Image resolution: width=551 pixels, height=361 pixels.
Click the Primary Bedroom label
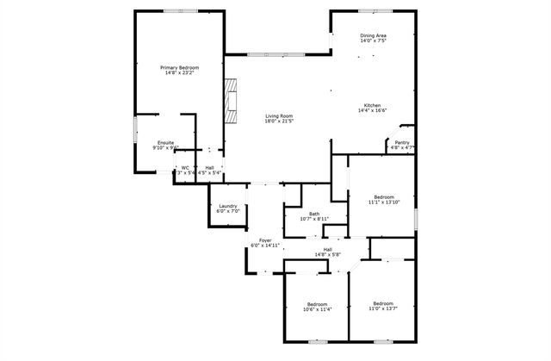(x=179, y=66)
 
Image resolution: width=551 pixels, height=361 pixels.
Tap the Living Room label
(x=278, y=116)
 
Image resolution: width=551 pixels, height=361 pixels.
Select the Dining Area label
(x=373, y=35)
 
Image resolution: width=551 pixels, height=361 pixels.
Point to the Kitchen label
(x=372, y=105)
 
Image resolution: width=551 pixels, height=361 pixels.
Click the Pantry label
(x=402, y=143)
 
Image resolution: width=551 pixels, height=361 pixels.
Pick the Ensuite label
(x=166, y=142)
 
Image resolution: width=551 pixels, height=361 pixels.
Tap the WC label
(x=185, y=168)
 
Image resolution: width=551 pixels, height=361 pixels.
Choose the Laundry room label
(x=228, y=206)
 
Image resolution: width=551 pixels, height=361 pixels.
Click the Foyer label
(x=266, y=240)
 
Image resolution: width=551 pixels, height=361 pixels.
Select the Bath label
(x=314, y=215)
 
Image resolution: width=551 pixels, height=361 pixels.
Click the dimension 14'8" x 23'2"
(x=179, y=72)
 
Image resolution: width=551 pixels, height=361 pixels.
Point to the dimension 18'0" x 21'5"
(x=278, y=121)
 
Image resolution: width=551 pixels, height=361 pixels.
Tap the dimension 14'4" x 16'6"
(x=372, y=110)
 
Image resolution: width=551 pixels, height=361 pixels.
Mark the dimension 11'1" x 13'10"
(x=384, y=202)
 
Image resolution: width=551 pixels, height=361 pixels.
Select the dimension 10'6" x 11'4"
(x=318, y=308)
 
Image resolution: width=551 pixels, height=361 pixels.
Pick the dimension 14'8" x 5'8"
(x=328, y=254)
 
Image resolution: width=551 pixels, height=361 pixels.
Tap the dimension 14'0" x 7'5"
(x=373, y=40)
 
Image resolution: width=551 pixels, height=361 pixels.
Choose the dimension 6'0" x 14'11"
(x=266, y=246)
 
